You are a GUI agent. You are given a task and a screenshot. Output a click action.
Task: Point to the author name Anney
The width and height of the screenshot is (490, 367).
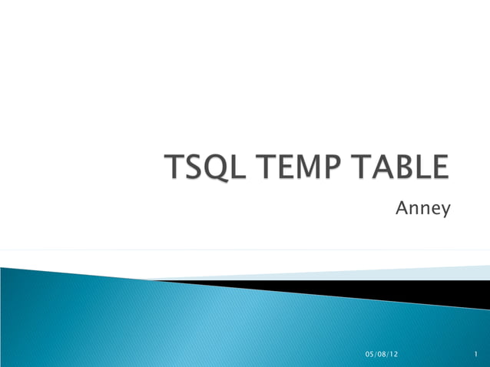click(422, 207)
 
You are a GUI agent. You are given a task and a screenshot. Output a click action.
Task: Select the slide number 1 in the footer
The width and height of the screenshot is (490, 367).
click(478, 353)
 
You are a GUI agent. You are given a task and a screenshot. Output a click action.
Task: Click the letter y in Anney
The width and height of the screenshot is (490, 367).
click(445, 209)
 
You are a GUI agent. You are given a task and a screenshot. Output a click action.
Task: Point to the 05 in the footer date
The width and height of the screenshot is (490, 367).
click(369, 353)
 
